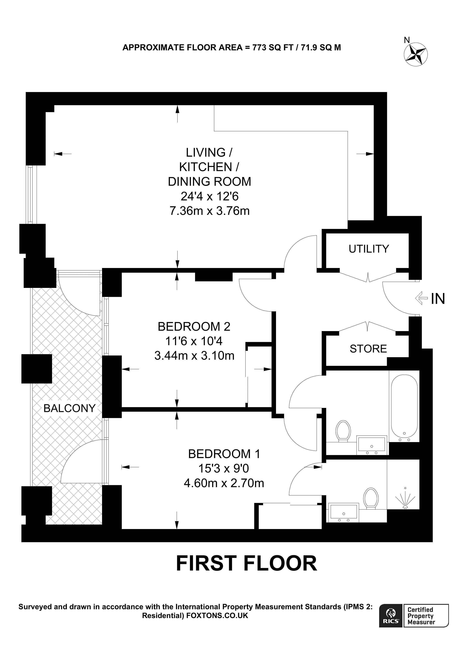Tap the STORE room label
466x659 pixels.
[x=368, y=348]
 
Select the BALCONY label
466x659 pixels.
[x=69, y=408]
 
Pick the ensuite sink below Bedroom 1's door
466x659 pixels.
[x=343, y=512]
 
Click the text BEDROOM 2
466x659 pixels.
[x=194, y=326]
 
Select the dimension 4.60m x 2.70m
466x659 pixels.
[x=224, y=483]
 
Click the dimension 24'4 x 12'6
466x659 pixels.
[x=210, y=196]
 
